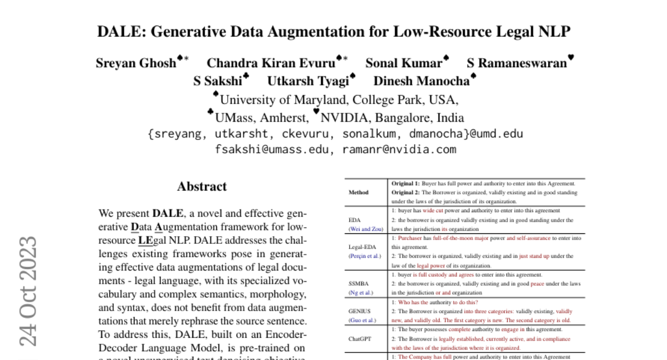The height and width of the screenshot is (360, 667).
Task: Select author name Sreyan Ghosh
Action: (x=136, y=63)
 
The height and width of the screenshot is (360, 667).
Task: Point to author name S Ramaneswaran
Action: (x=516, y=63)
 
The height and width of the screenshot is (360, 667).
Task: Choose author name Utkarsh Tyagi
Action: (x=307, y=81)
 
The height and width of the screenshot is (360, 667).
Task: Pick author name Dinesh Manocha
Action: (x=421, y=81)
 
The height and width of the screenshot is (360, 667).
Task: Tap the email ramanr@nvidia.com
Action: (x=399, y=149)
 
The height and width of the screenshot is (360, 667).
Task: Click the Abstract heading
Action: (x=202, y=187)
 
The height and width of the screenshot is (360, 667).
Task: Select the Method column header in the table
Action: (x=359, y=192)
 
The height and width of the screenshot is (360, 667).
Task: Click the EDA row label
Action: (x=354, y=219)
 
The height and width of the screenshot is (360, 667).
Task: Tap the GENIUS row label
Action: (x=359, y=311)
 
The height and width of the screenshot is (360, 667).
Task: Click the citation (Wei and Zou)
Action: (x=366, y=229)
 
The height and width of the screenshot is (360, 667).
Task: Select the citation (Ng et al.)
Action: (x=361, y=292)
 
